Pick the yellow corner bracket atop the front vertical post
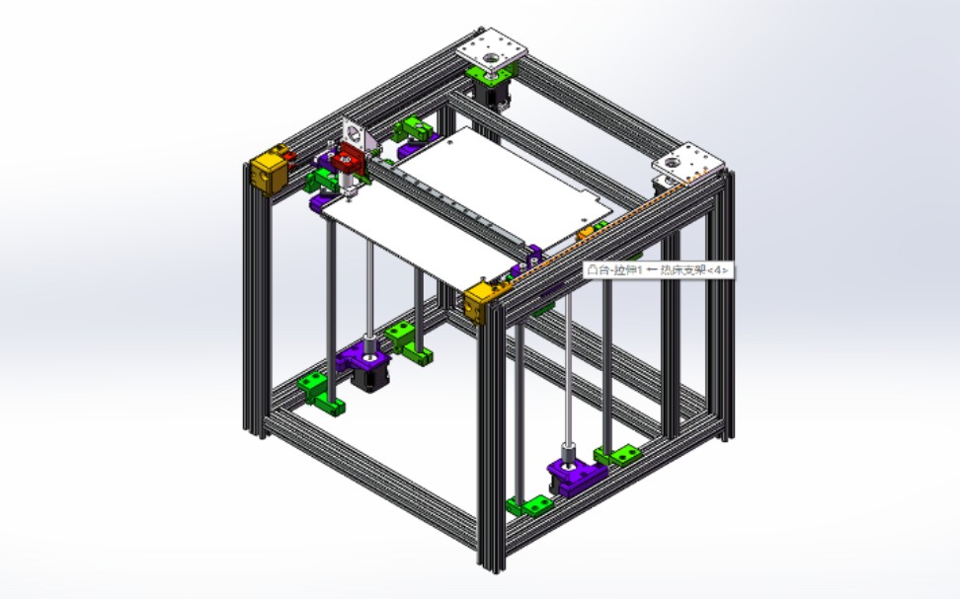(482, 300)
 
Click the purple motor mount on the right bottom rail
(573, 477)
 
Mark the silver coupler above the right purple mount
(568, 455)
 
